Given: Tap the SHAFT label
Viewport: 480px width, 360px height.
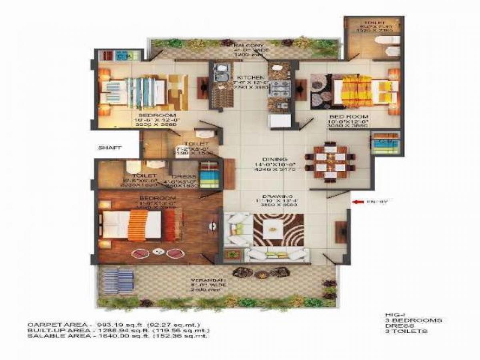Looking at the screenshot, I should pos(110,148).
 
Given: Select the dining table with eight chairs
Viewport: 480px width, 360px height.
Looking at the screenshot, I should pos(330,162).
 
